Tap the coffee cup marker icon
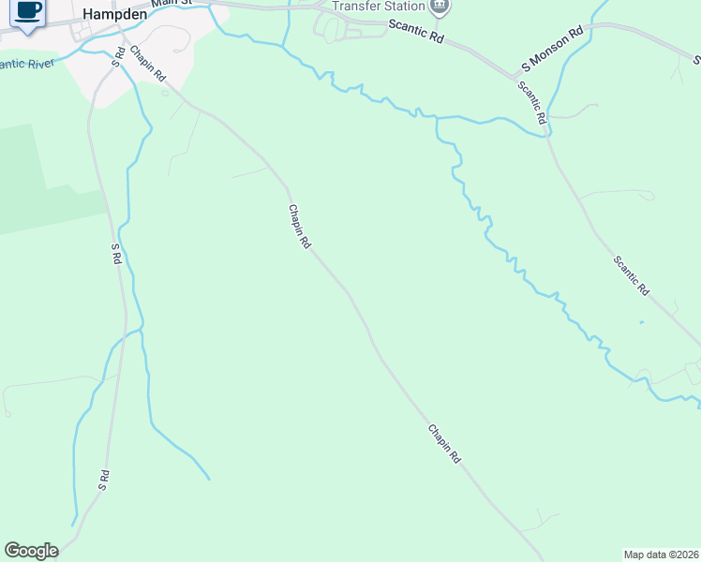[x=28, y=11]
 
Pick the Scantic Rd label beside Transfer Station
[x=417, y=34]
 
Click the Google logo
[x=31, y=551]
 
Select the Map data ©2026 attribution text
[x=661, y=554]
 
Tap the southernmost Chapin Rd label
[x=445, y=445]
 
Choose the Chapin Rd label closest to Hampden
[x=148, y=62]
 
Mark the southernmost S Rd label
[x=105, y=481]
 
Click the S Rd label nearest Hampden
[x=119, y=53]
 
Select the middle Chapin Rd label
[x=299, y=227]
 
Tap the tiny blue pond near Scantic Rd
[x=642, y=323]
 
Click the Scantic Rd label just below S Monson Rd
[x=531, y=103]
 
